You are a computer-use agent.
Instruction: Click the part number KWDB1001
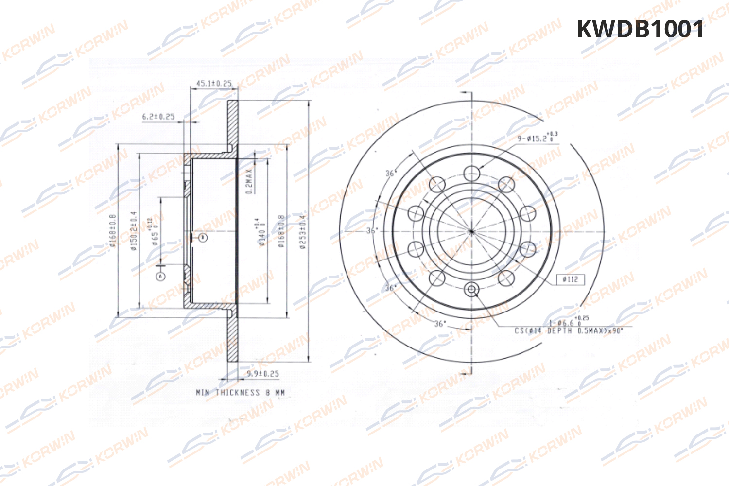click(640, 29)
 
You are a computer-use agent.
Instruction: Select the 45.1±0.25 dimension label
click(214, 84)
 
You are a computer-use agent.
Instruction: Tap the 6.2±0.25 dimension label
click(158, 117)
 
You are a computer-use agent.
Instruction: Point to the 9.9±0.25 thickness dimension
click(262, 374)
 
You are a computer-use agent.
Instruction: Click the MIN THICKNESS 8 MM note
click(240, 392)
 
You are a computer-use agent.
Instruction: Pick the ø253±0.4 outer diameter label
click(303, 232)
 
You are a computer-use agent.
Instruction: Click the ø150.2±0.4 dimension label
click(134, 231)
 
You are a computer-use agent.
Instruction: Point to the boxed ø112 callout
click(570, 279)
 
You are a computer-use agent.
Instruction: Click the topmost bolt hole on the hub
click(471, 173)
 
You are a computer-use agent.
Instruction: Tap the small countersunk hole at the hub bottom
click(471, 290)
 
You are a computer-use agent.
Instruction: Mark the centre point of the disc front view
click(471, 231)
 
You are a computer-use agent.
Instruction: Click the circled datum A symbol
click(160, 276)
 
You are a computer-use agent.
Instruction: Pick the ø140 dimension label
click(261, 232)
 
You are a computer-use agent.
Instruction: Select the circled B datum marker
click(203, 237)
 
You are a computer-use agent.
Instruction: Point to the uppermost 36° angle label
click(390, 173)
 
